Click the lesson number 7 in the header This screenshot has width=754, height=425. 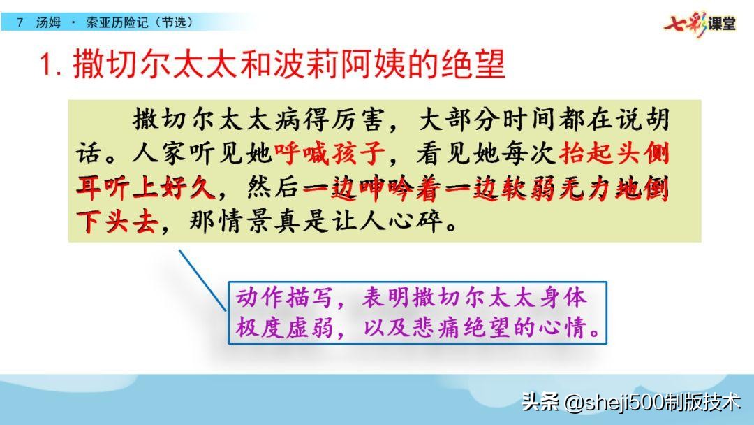pos(20,22)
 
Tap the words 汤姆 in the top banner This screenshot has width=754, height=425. pos(48,22)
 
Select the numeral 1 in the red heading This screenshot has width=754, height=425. pos(47,64)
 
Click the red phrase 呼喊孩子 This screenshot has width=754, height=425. pos(330,154)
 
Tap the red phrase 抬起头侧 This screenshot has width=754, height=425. pos(614,154)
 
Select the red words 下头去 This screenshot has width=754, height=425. pos(117,222)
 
